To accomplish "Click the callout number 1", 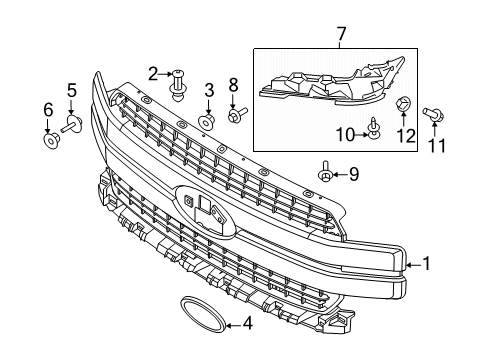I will point(426,264).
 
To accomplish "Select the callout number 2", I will point(153,72).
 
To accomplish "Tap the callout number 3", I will point(208,91).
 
